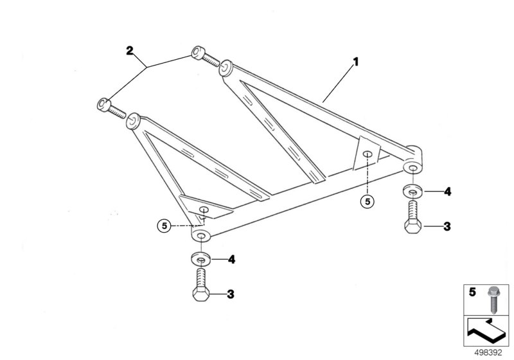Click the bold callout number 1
point(356,62)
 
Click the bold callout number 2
point(130,51)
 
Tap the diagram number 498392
point(488,353)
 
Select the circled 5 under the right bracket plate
point(367,202)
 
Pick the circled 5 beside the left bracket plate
point(164,226)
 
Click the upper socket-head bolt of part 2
point(205,57)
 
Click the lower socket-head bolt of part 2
point(111,108)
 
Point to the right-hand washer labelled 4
point(412,191)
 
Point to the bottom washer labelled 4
point(201,259)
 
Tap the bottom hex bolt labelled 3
point(201,285)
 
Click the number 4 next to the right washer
point(447,192)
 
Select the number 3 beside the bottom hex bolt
point(231,294)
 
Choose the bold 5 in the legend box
point(472,292)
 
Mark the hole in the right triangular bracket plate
point(368,154)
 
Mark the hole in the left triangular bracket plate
point(204,210)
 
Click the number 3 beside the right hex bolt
point(447,226)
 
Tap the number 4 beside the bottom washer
point(232,260)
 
